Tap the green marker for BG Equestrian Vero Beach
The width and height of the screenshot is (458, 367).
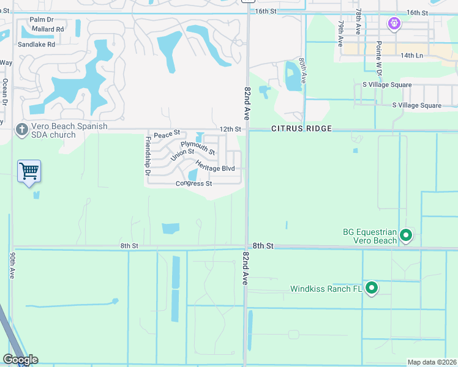(x=405, y=235)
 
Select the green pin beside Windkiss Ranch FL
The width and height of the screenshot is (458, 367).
(x=371, y=287)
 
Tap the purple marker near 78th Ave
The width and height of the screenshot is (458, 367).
(x=394, y=24)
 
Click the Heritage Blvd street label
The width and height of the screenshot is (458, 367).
(x=216, y=166)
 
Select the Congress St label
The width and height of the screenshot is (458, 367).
(x=193, y=183)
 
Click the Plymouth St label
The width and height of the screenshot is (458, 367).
(x=198, y=147)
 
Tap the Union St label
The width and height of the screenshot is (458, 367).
(x=182, y=155)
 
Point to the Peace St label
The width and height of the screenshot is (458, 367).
(x=167, y=134)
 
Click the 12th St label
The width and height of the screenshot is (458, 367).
(x=231, y=129)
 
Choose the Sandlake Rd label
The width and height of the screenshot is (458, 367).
(x=36, y=45)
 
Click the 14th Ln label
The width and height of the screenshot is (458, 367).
(x=419, y=55)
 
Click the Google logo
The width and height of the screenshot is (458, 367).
(x=20, y=359)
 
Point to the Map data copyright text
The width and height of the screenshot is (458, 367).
(x=431, y=362)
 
